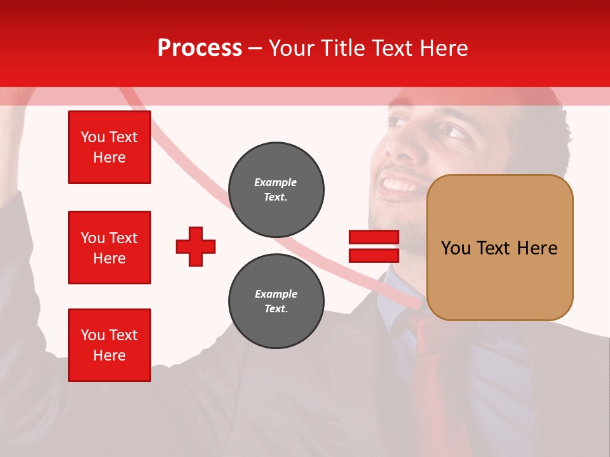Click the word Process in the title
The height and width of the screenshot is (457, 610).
(x=200, y=48)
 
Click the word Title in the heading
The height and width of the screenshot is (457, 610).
(x=341, y=48)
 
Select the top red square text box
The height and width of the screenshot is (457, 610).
(x=109, y=147)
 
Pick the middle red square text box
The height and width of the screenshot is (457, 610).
(x=109, y=248)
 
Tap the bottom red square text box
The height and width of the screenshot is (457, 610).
(x=109, y=345)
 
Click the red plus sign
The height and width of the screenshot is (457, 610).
(x=196, y=246)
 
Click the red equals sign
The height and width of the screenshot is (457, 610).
(x=374, y=246)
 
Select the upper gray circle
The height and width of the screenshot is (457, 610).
(x=276, y=189)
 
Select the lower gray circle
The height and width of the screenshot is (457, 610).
(x=276, y=301)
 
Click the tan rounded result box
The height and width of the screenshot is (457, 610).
(x=499, y=248)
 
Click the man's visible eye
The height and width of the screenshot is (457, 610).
(x=454, y=131)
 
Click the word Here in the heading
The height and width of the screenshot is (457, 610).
(x=445, y=48)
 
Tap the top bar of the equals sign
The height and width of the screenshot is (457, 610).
(x=374, y=237)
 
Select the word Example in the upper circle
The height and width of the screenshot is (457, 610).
(x=276, y=182)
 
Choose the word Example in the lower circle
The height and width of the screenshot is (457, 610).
(x=276, y=294)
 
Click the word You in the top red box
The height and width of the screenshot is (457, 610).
(x=92, y=137)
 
